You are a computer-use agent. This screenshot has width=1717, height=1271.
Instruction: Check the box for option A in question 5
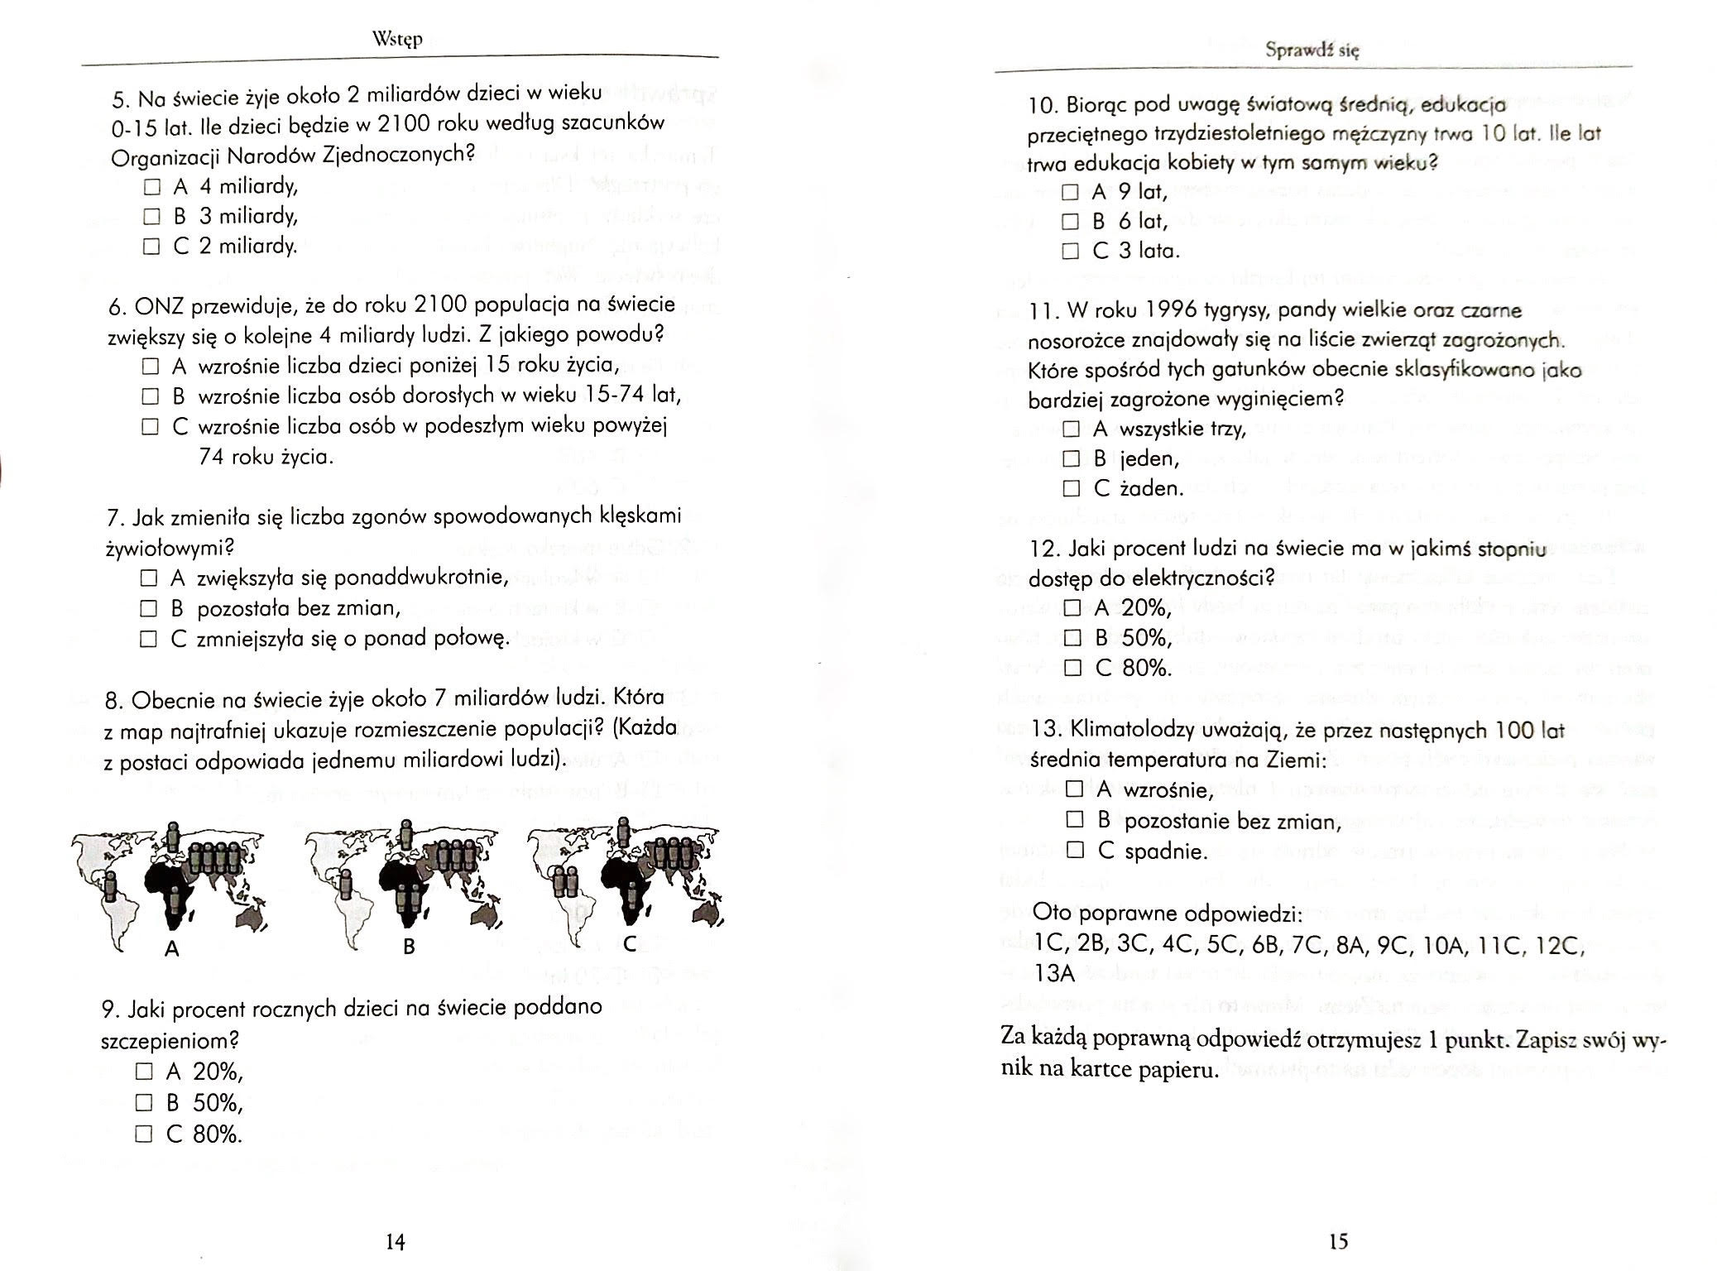click(151, 186)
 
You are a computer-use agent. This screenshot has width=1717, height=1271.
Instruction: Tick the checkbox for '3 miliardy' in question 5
click(151, 217)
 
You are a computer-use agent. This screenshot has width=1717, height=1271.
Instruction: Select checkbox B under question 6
click(149, 396)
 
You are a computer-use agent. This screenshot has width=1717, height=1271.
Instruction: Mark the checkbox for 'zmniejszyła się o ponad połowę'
click(148, 639)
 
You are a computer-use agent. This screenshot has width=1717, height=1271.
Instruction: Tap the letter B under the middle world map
click(408, 947)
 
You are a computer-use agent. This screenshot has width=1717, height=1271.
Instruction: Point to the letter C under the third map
click(630, 944)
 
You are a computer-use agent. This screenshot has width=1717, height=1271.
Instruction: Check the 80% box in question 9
click(144, 1134)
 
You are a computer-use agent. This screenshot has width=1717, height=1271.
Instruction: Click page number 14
click(396, 1241)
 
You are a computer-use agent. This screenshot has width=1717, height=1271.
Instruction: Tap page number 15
click(1338, 1241)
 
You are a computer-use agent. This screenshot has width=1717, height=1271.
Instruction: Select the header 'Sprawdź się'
click(1312, 50)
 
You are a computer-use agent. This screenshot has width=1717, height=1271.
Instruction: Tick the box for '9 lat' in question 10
click(1071, 192)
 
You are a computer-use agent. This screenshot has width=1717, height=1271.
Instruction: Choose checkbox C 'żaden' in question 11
click(1072, 488)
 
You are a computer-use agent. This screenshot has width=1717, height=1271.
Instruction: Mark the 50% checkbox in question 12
click(1073, 638)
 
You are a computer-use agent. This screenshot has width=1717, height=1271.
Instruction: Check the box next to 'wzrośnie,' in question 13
click(1074, 789)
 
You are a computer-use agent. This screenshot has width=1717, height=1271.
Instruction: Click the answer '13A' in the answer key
click(1054, 974)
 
